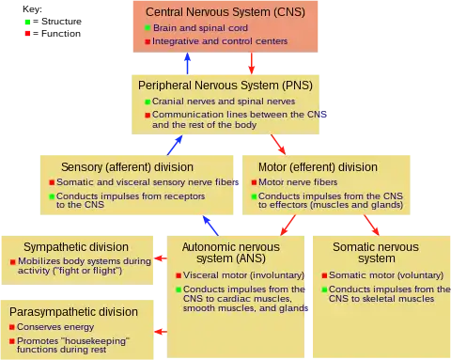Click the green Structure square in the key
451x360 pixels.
(27, 22)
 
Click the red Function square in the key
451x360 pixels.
(27, 33)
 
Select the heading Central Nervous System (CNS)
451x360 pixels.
(225, 12)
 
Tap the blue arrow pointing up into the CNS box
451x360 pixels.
(187, 63)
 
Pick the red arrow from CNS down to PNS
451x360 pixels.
(251, 63)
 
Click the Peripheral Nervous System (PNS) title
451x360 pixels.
(225, 86)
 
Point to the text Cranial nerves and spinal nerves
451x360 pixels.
(224, 102)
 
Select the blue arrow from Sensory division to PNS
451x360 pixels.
(175, 145)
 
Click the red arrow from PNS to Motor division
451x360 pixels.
(278, 145)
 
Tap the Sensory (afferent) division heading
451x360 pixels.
(127, 167)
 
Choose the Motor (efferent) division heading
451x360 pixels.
(318, 167)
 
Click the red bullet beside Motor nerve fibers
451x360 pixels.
(254, 182)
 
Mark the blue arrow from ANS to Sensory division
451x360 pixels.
(210, 226)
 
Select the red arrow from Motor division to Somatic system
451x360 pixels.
(371, 225)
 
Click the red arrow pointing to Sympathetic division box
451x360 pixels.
(161, 258)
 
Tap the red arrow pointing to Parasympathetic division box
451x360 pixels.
(161, 332)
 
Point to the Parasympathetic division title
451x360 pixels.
(73, 312)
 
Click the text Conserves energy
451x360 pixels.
(55, 327)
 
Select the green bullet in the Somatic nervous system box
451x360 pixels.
(324, 290)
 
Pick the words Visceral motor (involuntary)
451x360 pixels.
(243, 275)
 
